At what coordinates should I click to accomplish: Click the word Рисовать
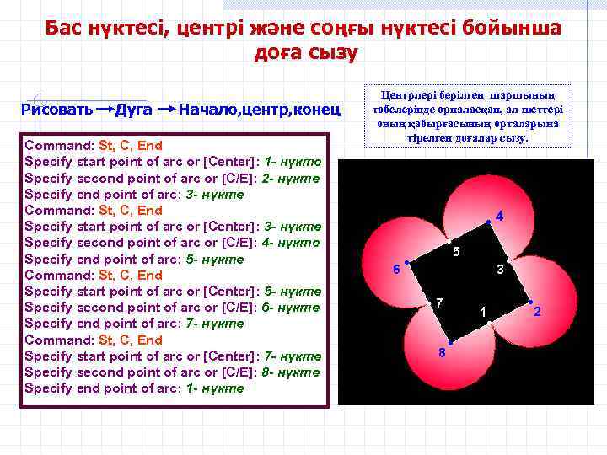[58, 110]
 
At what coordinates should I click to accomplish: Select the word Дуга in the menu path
[133, 110]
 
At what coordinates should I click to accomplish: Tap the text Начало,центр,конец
[260, 110]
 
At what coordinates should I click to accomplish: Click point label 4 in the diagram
[499, 217]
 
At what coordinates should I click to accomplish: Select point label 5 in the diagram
[455, 253]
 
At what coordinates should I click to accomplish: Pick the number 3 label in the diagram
[500, 270]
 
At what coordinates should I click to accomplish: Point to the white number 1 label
[482, 313]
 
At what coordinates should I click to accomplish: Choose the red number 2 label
[537, 313]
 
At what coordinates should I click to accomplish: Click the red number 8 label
[442, 352]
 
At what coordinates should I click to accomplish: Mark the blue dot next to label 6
[406, 263]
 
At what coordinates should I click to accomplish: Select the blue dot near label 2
[530, 302]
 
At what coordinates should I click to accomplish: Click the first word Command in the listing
[59, 145]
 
